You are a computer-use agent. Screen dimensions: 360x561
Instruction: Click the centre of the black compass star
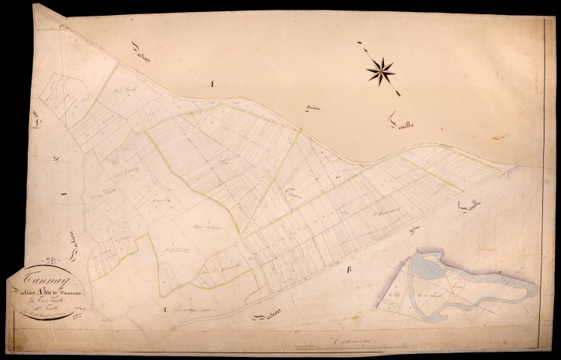click(382, 70)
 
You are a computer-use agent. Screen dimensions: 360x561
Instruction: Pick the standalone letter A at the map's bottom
click(163, 308)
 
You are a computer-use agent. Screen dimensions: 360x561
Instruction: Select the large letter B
click(348, 270)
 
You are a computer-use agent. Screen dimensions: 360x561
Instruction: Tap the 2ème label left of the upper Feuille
click(314, 110)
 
